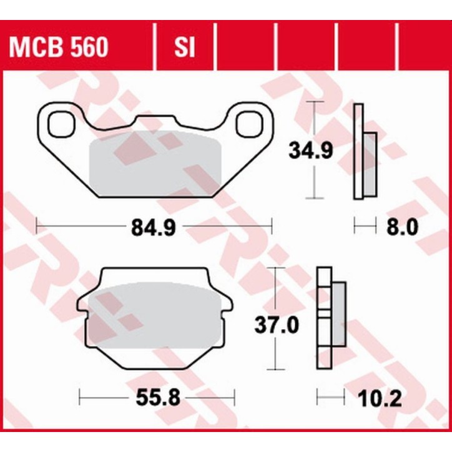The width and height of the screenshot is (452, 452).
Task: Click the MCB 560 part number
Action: click(x=57, y=47)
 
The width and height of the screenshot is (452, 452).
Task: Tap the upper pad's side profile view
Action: click(x=364, y=152)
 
